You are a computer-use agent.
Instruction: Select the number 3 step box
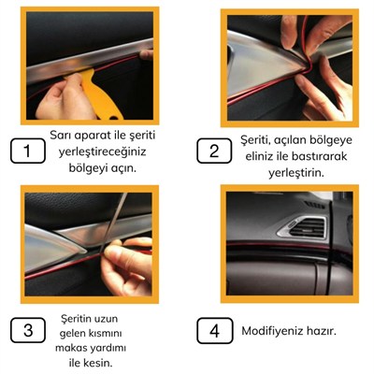click(x=29, y=329)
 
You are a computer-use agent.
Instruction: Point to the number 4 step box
click(x=214, y=329)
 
